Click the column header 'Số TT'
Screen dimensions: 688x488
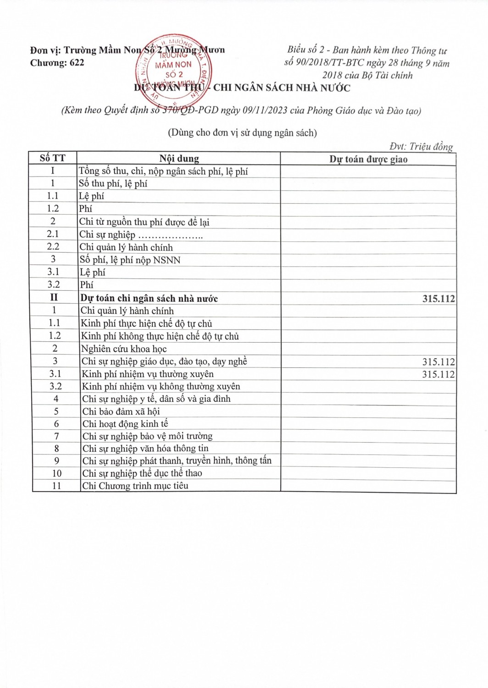[52, 158]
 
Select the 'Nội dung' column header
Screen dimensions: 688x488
[179, 159]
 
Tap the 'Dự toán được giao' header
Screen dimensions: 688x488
[368, 159]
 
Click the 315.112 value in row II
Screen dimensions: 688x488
[438, 299]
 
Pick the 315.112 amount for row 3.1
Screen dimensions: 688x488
[438, 374]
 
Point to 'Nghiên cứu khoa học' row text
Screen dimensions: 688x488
[124, 349]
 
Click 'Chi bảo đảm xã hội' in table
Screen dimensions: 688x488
[121, 411]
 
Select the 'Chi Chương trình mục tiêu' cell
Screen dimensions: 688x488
[135, 486]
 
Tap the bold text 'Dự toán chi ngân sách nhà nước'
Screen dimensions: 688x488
[149, 299]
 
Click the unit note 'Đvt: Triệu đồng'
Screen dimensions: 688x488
[421, 146]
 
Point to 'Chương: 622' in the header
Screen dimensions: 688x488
[57, 63]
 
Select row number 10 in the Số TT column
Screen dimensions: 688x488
[56, 473]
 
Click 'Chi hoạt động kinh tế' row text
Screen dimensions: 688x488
[125, 424]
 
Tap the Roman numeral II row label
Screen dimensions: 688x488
[54, 298]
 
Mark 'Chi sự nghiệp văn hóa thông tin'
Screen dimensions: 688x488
[145, 449]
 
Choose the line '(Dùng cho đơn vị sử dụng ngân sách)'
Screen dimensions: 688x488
[242, 133]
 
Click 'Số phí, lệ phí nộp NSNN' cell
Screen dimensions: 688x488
[130, 260]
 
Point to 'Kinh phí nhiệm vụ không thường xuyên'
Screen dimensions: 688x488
[161, 387]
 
